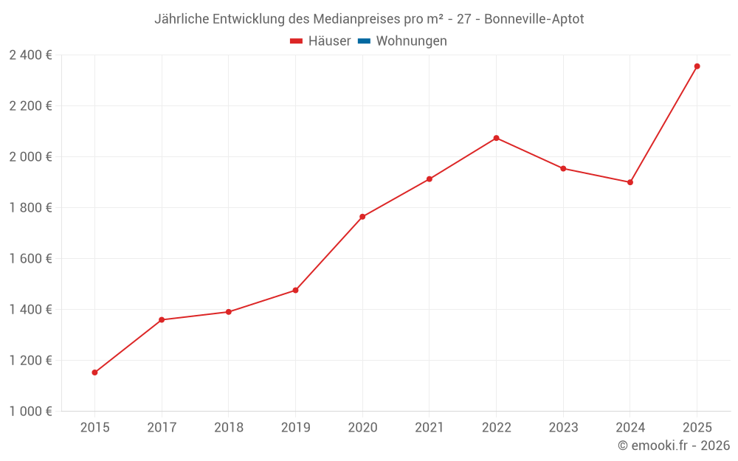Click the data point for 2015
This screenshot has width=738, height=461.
pos(94,372)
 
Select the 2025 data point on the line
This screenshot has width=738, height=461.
pos(697,66)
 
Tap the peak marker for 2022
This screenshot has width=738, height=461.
pos(496,138)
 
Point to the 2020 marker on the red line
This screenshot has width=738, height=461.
pos(362,217)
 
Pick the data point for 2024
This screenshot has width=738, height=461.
pos(630,182)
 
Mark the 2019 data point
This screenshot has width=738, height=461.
pos(295,291)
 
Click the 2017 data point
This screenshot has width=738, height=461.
pos(162,320)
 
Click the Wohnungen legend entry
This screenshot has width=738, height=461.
pos(411,41)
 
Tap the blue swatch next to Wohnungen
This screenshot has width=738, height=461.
pos(364,41)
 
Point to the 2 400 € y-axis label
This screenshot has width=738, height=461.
pos(30,55)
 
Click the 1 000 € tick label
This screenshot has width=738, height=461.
pos(30,412)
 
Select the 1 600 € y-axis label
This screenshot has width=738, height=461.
pos(30,259)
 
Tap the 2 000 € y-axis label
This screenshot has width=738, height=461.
pos(30,157)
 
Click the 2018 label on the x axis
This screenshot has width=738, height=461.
pos(228,428)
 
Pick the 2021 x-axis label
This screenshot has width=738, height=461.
pos(429,428)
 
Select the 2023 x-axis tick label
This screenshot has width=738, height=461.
pos(563,428)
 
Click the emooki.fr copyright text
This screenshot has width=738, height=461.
pos(674,446)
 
